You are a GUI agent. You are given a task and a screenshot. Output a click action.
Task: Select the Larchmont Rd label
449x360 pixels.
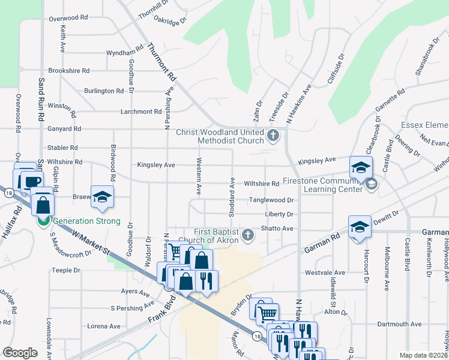(141, 112)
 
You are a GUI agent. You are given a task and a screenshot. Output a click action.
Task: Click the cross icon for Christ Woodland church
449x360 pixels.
(273, 134)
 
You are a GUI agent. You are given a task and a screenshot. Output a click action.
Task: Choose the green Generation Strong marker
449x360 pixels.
(44, 221)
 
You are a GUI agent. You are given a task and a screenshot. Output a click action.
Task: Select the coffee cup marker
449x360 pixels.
(32, 181)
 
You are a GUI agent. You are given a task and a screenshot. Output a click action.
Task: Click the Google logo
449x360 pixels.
(20, 352)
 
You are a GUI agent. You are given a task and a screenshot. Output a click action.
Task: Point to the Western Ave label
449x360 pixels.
(197, 176)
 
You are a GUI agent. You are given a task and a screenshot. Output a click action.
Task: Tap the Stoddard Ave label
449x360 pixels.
(231, 194)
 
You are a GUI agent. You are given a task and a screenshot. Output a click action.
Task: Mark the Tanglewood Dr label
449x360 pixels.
(271, 200)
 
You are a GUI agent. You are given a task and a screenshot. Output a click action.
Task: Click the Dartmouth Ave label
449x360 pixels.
(399, 324)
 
